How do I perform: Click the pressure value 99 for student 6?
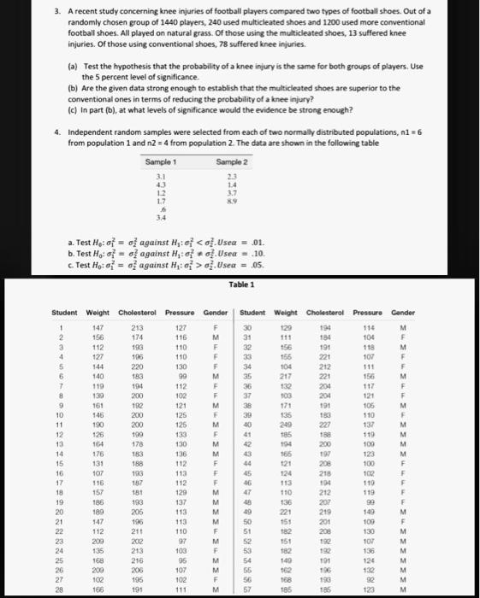(181, 398)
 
